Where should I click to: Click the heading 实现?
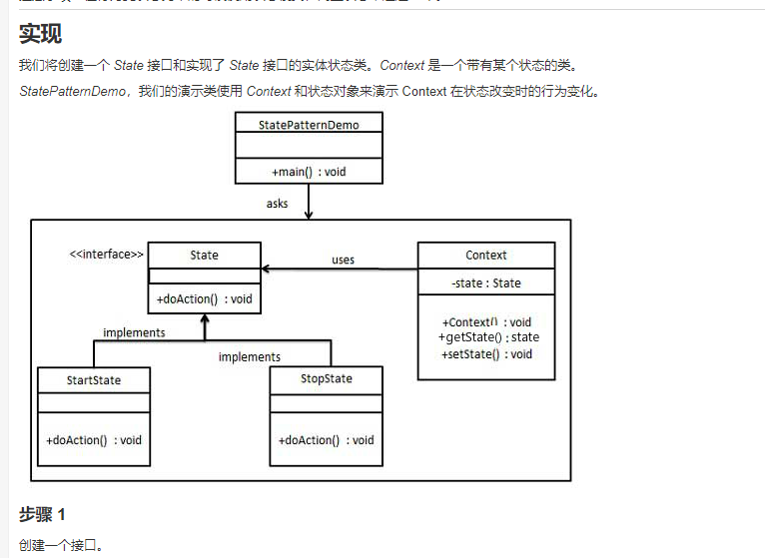(x=40, y=34)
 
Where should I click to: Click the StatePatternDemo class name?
(x=308, y=124)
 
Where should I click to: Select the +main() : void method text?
(x=308, y=172)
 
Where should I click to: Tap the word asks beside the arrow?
(x=277, y=204)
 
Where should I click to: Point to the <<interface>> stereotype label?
(x=106, y=255)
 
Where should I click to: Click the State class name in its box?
(x=204, y=255)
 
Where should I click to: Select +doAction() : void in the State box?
(x=204, y=298)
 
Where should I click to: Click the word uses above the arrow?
(x=343, y=260)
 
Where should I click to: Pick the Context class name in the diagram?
(x=485, y=255)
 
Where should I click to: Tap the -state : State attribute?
(x=485, y=282)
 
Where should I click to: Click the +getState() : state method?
(x=488, y=337)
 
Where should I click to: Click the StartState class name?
(x=93, y=380)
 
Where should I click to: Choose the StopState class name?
(x=326, y=379)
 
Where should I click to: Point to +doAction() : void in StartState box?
(x=93, y=439)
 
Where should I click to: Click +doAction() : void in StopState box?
(x=326, y=439)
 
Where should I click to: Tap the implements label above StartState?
(x=134, y=332)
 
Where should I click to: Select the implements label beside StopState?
(x=249, y=356)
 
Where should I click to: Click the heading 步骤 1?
(x=42, y=514)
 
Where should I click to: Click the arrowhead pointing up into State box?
(x=204, y=321)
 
